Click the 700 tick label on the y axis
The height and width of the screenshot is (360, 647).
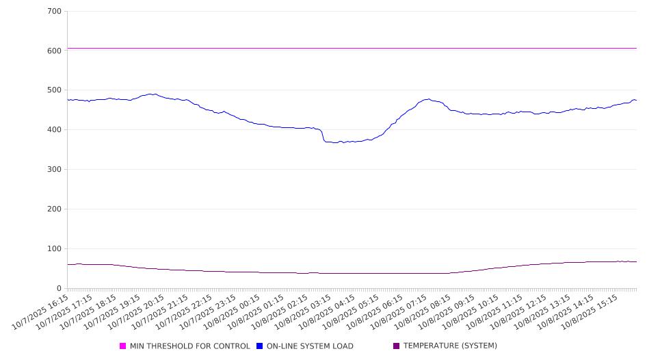[55, 12]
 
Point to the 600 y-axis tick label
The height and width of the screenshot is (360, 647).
[55, 51]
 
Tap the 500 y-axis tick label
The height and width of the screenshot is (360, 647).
[55, 90]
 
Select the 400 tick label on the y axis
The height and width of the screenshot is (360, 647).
[55, 130]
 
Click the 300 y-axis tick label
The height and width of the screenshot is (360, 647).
[55, 170]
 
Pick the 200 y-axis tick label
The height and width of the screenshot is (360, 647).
[55, 209]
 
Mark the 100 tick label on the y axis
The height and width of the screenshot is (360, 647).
[55, 249]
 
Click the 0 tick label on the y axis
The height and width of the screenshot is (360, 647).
[60, 289]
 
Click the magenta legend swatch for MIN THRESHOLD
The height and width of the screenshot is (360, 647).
[123, 346]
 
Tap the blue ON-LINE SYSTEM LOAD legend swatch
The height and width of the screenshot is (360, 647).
[260, 346]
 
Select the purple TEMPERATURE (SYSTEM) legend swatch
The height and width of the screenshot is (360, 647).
[397, 346]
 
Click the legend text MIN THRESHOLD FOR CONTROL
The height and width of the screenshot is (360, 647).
[190, 346]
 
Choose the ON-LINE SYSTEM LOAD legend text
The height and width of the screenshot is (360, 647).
[310, 346]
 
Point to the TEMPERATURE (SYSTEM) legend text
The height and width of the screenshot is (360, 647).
[450, 346]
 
